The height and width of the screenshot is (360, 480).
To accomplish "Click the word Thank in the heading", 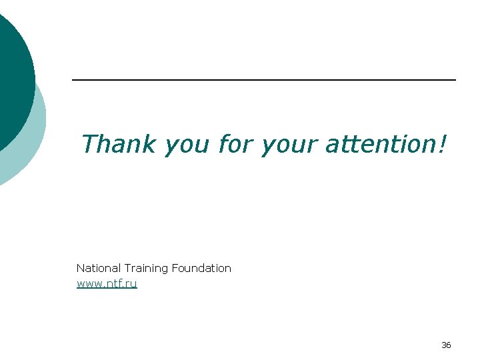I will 118,143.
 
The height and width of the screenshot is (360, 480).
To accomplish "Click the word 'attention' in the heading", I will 379,143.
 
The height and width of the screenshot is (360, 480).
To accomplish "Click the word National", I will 98,268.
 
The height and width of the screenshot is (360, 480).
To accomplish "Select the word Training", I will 146,269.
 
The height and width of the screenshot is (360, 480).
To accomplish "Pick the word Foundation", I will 201,268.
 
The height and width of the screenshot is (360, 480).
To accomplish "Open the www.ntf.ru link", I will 107,284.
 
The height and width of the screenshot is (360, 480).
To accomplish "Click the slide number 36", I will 446,345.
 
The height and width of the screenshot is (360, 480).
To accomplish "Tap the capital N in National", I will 80,268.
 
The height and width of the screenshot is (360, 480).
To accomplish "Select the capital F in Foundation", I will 175,268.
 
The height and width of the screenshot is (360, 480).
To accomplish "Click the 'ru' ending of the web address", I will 132,285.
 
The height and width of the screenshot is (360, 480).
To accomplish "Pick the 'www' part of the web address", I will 89,285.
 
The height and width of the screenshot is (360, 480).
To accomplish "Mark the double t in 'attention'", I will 347,143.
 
